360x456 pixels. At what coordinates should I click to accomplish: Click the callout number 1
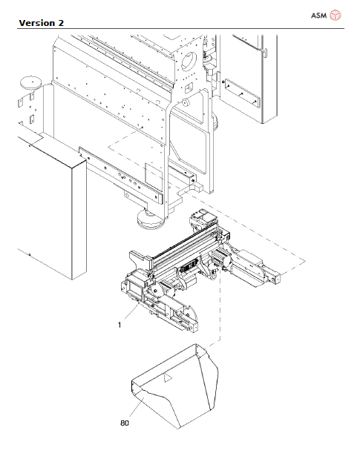click(x=118, y=324)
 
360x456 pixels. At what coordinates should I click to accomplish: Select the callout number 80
click(x=124, y=424)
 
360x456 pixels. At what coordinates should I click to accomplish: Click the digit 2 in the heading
click(x=60, y=22)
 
